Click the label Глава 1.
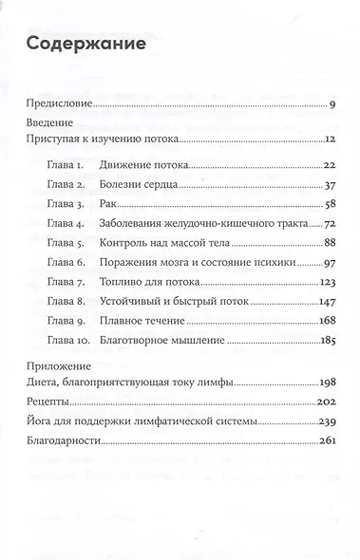click(x=67, y=163)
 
